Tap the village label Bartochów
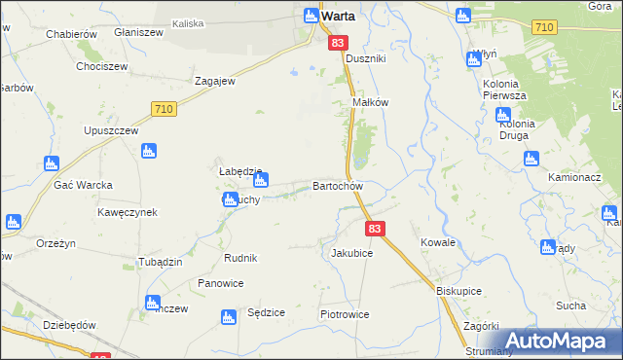coord(338,186)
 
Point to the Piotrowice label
coord(345,315)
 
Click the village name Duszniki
coord(366,59)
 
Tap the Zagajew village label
coord(216,82)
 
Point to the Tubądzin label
coord(133,263)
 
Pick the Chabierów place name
coord(70,33)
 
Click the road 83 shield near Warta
coord(339,43)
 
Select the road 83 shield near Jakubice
coord(377,228)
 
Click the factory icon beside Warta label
coord(311,16)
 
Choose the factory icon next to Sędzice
coord(228,317)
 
